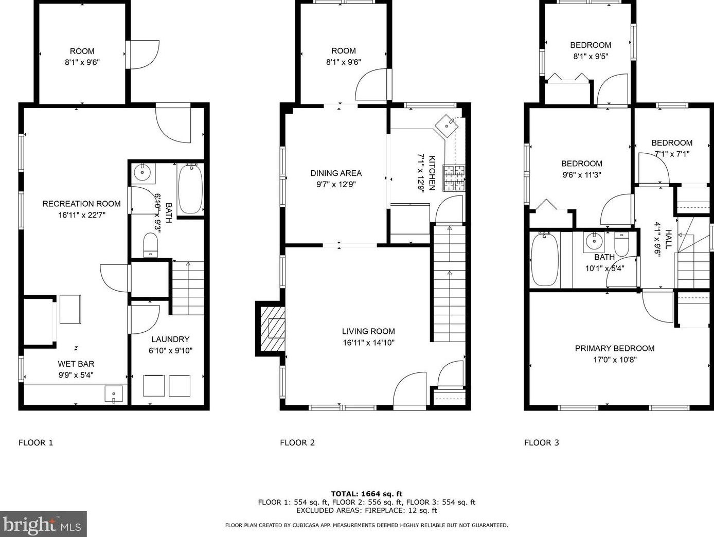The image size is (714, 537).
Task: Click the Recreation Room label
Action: (81, 204)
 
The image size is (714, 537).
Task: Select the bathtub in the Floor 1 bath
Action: (190, 189)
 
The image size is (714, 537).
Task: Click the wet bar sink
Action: (114, 394)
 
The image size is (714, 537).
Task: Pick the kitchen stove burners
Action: (454, 178)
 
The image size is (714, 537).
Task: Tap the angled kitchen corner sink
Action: (447, 126)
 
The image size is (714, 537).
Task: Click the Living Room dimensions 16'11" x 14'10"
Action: (368, 343)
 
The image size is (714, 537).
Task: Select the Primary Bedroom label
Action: (615, 348)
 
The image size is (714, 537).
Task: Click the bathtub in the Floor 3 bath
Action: (545, 259)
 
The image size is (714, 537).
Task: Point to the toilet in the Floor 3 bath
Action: (621, 244)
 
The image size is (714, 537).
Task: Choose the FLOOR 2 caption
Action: (297, 443)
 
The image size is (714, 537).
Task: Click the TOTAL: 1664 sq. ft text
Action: (367, 494)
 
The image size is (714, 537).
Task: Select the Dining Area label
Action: (336, 173)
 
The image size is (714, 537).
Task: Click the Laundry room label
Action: (170, 339)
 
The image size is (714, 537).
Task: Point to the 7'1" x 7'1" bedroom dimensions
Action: (672, 154)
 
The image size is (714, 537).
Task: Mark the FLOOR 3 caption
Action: (542, 443)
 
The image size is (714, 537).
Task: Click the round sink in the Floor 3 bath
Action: (594, 242)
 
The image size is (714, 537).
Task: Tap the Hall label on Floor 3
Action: (668, 239)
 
